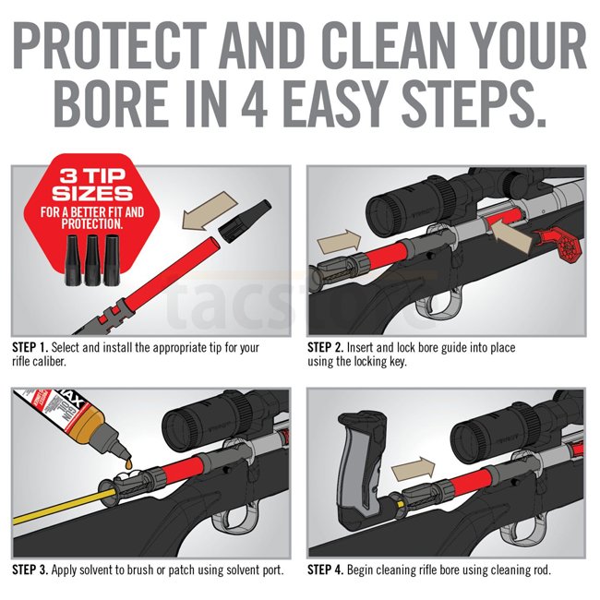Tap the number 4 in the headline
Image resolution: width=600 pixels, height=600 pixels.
click(x=254, y=103)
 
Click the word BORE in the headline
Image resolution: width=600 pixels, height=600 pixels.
click(x=110, y=103)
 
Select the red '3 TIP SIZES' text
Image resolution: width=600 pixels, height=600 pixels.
click(x=92, y=185)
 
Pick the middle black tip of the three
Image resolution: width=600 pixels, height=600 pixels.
click(x=92, y=259)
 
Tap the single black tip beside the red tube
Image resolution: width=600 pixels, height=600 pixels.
click(x=245, y=221)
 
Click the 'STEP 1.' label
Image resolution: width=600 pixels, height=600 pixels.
click(x=30, y=347)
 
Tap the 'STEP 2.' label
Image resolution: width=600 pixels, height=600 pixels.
click(x=326, y=347)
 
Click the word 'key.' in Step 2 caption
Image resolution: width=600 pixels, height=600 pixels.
click(x=398, y=361)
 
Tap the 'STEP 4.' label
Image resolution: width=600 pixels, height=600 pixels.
click(x=326, y=570)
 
